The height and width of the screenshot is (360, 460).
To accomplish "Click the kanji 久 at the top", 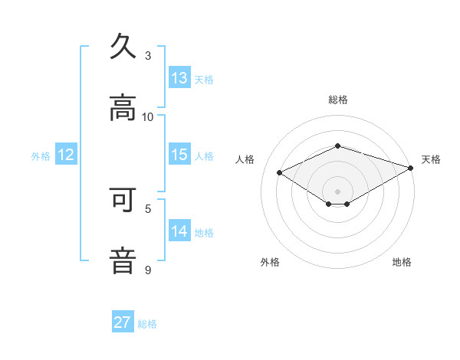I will click(x=123, y=47).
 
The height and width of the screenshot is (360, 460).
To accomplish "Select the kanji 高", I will click(x=123, y=108).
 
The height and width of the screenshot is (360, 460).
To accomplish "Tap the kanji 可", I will click(x=123, y=200).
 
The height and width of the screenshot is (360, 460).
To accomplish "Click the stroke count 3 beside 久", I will click(x=148, y=56).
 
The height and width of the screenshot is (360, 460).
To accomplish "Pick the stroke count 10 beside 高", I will click(x=148, y=116).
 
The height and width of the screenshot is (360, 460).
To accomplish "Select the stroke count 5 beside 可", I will click(x=148, y=208).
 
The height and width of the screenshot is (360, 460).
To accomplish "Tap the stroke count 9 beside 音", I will click(x=148, y=269).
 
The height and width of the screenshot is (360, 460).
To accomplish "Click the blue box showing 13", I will click(x=179, y=78).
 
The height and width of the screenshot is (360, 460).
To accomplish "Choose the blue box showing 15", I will click(x=179, y=155).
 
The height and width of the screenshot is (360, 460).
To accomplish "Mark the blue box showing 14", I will click(x=179, y=231).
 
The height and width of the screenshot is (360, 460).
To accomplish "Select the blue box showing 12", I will click(x=66, y=155).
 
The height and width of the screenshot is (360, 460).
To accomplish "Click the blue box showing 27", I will click(x=123, y=322).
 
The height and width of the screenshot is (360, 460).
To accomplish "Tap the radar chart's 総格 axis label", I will click(x=338, y=100).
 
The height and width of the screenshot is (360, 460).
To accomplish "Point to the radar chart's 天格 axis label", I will click(x=431, y=159).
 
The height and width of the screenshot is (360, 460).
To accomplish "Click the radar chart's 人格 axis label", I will click(x=245, y=159).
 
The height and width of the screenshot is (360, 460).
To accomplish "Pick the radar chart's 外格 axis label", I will click(x=270, y=262).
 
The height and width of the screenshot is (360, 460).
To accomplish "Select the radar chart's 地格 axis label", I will click(x=402, y=262).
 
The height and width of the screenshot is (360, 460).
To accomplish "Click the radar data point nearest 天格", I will click(x=411, y=168).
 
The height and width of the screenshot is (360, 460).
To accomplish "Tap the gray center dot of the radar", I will click(x=338, y=191).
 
